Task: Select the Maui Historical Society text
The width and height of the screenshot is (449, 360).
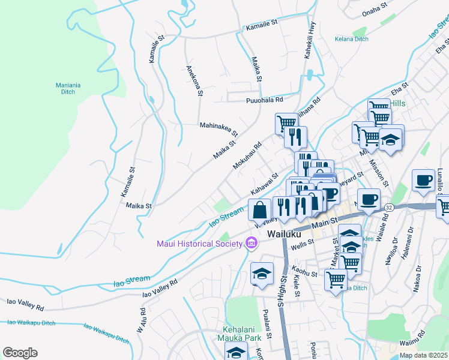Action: click(199, 243)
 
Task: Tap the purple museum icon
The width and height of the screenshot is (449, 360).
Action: click(252, 243)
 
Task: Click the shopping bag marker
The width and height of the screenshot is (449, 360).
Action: click(260, 210)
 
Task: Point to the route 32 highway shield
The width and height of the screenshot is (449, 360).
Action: click(389, 206)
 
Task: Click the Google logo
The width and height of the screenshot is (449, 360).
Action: click(20, 352)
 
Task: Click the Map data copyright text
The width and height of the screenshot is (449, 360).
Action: click(423, 355)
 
